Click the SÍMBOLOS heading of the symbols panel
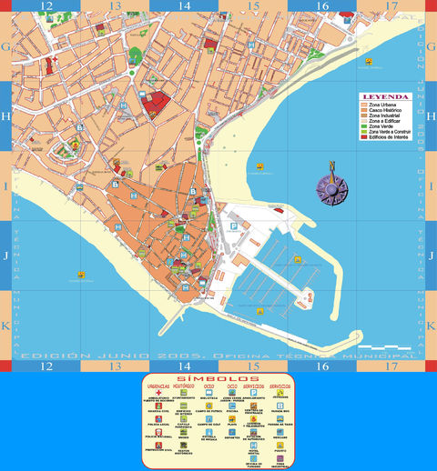tap(219, 377)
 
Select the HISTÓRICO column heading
tap(184, 386)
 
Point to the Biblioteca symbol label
tap(208, 398)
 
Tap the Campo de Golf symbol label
tap(208, 424)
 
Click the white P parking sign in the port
tap(232, 227)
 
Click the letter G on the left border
tap(5, 46)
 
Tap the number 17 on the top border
tap(391, 5)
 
